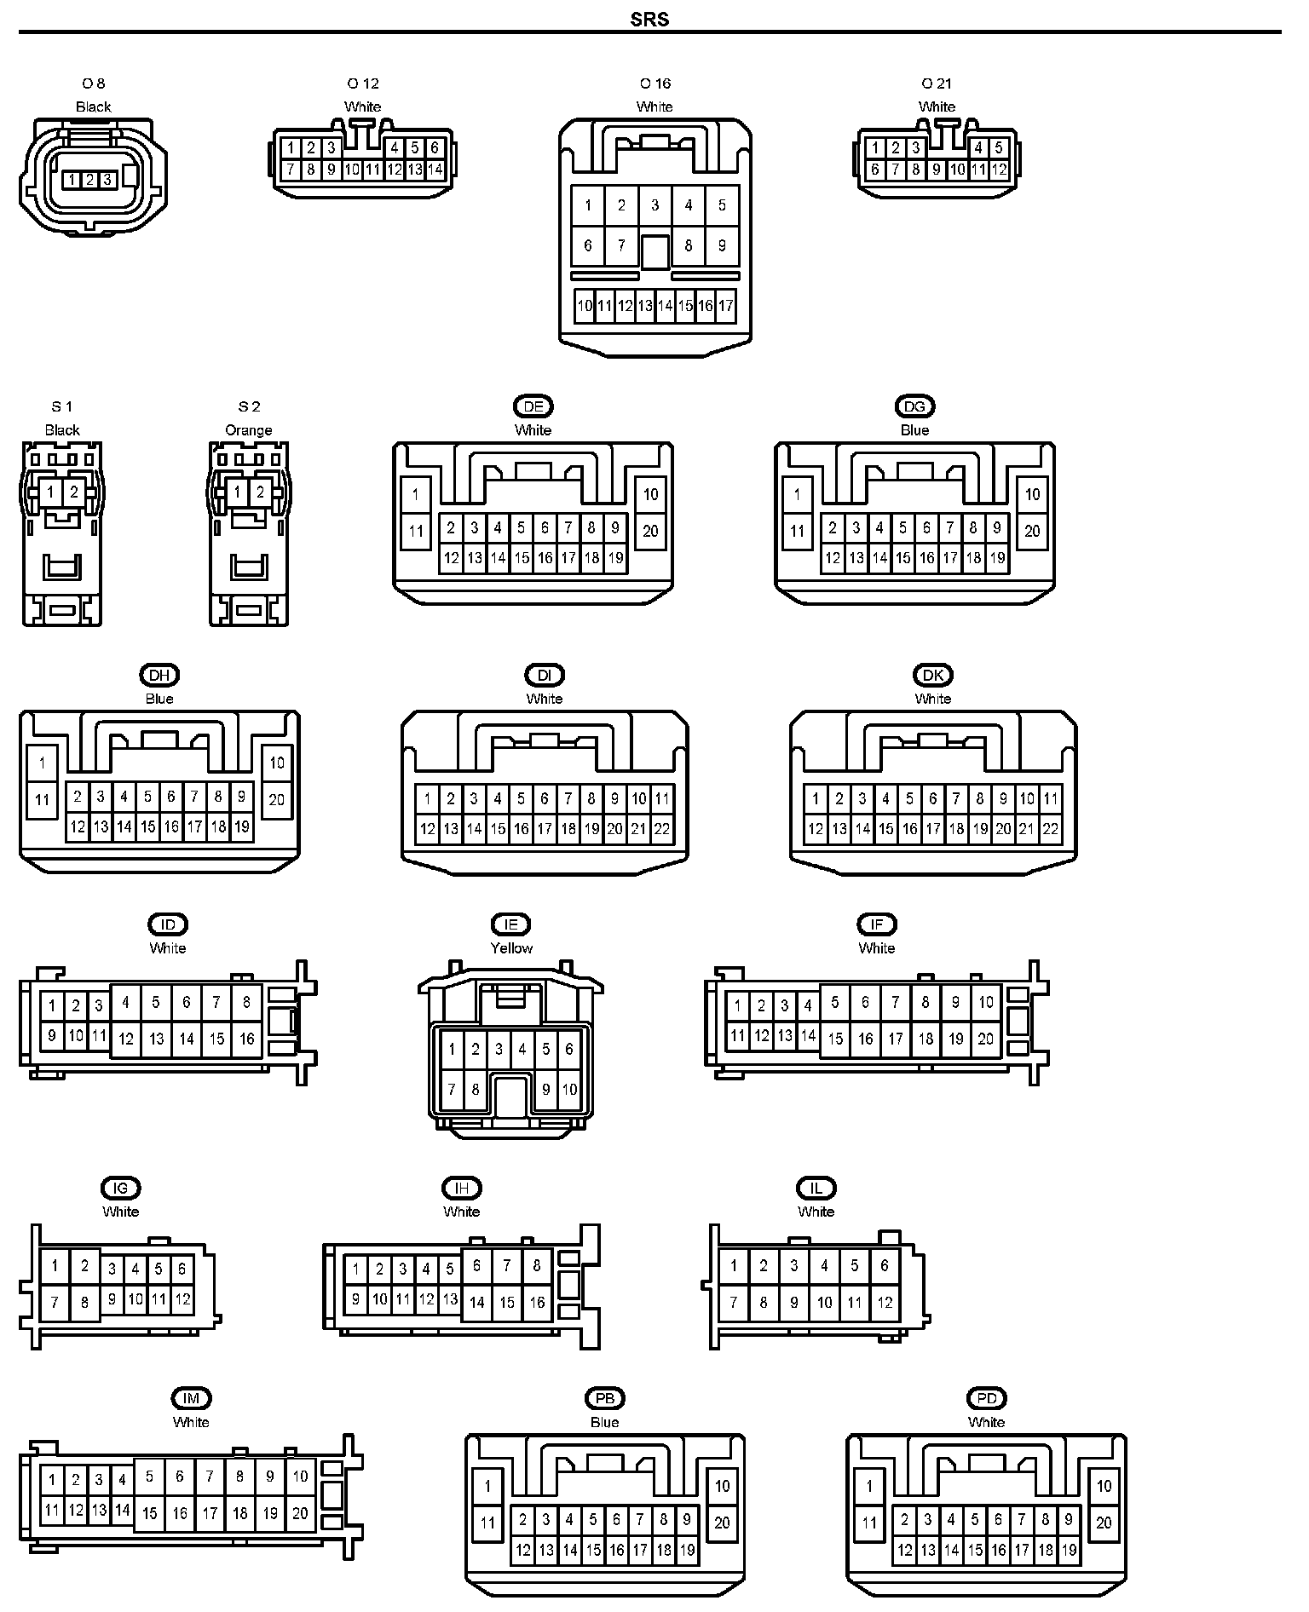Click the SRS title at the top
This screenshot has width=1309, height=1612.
[649, 19]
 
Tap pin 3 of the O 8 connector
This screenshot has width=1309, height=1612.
[107, 180]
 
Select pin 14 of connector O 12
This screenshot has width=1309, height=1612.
[435, 170]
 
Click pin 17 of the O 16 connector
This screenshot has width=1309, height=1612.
[725, 306]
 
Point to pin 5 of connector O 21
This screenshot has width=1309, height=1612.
[998, 148]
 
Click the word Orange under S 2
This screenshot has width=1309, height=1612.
[249, 430]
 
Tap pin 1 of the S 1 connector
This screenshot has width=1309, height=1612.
[51, 492]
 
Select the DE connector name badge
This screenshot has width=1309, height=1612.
[533, 406]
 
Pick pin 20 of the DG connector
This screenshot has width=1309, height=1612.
[1032, 531]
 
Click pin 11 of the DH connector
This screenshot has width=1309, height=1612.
[42, 800]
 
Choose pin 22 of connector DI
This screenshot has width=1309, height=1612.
[662, 829]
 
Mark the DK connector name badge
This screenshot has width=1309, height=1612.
[933, 675]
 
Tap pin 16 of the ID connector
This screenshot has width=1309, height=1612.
[246, 1039]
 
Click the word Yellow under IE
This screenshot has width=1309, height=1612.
[511, 947]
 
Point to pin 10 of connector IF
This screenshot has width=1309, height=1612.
[985, 1002]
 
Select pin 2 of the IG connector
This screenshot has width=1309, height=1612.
[84, 1266]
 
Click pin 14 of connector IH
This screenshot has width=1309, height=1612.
[476, 1302]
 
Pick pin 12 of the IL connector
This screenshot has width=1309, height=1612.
[885, 1302]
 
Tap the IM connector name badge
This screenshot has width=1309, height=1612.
[191, 1398]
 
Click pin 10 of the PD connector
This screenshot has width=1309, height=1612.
[1104, 1486]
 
